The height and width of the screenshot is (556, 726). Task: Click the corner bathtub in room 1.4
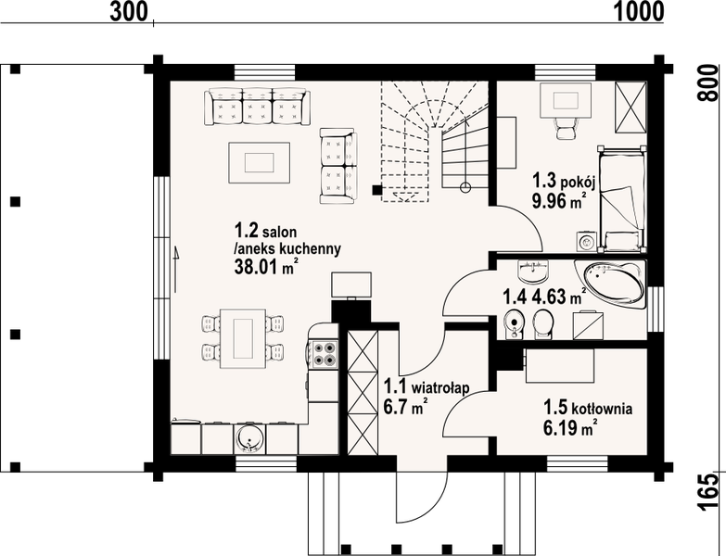pos(611,284)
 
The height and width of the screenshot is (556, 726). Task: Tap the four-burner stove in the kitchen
pos(324,353)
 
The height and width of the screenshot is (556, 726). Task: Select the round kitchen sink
pos(250,438)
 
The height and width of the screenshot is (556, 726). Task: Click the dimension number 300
pos(128,11)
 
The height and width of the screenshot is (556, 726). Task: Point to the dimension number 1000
pos(640,11)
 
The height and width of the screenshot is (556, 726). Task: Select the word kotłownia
pos(602,409)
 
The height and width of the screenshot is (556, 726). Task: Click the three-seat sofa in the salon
pos(258,107)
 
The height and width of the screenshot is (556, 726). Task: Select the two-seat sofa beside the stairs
pos(338,166)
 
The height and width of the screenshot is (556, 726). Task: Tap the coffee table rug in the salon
pos(260,163)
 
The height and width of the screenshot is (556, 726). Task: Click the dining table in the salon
pos(243,337)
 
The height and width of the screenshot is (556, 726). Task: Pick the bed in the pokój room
pos(621,198)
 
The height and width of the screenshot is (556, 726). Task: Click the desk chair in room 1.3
pos(566,127)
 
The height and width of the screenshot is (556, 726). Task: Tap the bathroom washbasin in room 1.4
pos(533,272)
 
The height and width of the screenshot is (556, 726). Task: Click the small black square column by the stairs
pos(377,189)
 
